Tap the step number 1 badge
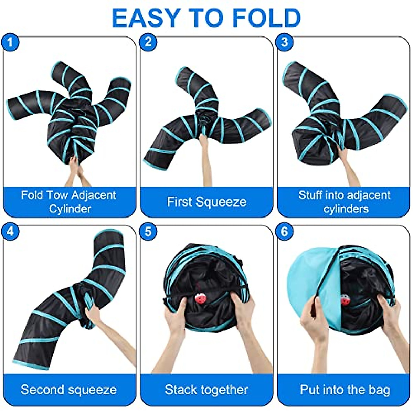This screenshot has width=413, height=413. click(10, 42)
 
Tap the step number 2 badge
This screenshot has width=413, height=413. click(148, 42)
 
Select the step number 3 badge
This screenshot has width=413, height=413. click(285, 42)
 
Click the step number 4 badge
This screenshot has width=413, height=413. click(10, 231)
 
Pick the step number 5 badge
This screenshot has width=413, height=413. click(148, 231)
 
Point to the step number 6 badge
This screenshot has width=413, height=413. click(285, 231)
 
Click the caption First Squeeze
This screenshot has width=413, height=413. click(206, 202)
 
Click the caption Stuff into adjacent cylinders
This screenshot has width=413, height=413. click(344, 202)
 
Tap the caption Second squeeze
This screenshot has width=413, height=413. click(68, 390)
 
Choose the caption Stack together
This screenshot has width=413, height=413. click(206, 390)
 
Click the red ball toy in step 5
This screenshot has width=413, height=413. click(200, 298)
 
